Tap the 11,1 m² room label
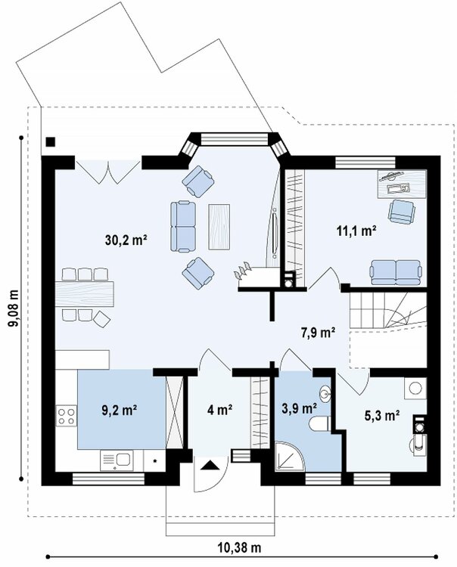pyautogui.click(x=357, y=231)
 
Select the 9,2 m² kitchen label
pyautogui.click(x=119, y=411)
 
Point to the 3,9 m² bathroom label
pyautogui.click(x=299, y=408)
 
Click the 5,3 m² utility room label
pyautogui.click(x=382, y=416)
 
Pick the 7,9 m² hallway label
pyautogui.click(x=318, y=332)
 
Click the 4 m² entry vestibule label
pyautogui.click(x=219, y=410)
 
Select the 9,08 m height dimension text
pyautogui.click(x=13, y=308)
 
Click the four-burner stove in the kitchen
pyautogui.click(x=67, y=416)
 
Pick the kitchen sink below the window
pyautogui.click(x=117, y=460)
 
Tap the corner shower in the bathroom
pyautogui.click(x=289, y=457)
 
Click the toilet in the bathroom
pyautogui.click(x=319, y=423)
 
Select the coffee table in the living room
pyautogui.click(x=219, y=227)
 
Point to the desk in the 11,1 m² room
pyautogui.click(x=402, y=184)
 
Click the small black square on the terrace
pyautogui.click(x=50, y=142)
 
